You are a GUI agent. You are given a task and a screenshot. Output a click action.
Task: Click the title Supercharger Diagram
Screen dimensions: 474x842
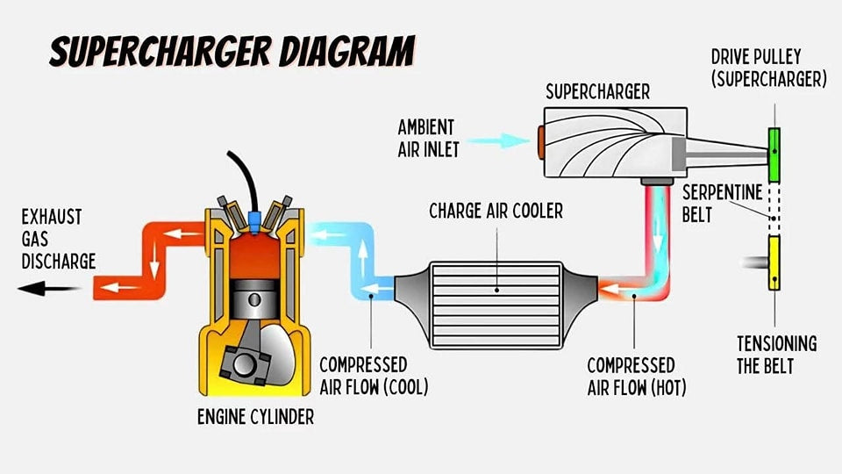pos(232,53)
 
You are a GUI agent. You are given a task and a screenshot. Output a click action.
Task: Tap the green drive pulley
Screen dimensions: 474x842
pos(774,154)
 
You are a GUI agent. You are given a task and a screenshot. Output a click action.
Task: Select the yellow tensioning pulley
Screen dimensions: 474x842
pos(774,262)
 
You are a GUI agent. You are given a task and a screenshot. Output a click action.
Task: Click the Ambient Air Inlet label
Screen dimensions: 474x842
pos(428,138)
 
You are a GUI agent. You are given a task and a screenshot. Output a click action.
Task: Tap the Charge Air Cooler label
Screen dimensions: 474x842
pos(496,211)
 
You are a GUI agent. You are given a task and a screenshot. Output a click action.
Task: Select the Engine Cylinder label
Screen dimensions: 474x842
pos(254,417)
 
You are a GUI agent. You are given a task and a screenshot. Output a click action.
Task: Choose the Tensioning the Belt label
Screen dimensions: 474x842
pos(776,354)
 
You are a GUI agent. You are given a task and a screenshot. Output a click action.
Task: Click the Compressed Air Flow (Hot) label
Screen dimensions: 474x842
pos(631,375)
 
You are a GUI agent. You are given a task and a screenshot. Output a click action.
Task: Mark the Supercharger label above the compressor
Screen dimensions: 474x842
pos(586,91)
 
